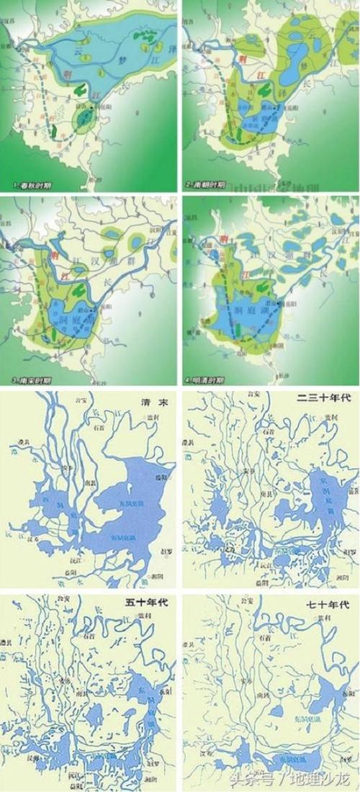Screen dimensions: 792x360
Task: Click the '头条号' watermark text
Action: tap(249, 778)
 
